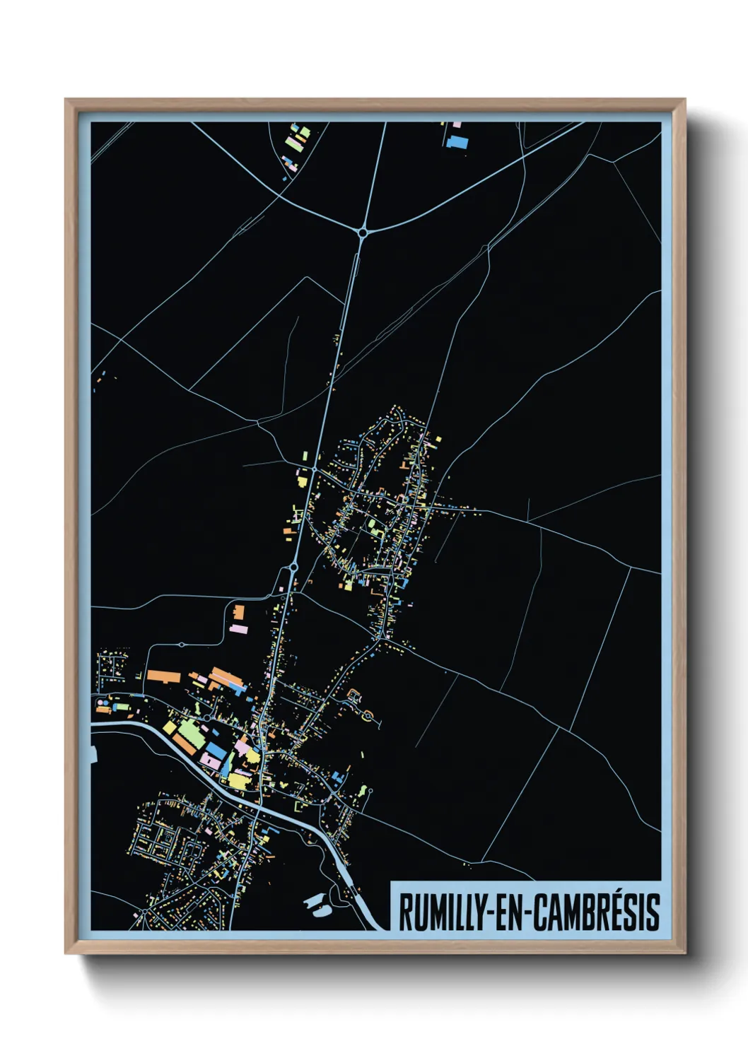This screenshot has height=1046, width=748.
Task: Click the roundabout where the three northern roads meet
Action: click(363, 231)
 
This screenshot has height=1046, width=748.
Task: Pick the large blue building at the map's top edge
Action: click(457, 142)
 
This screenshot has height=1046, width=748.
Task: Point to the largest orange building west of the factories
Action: click(163, 676)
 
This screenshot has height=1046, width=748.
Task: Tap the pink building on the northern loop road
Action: click(239, 628)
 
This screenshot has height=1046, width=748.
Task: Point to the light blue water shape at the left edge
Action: click(93, 753)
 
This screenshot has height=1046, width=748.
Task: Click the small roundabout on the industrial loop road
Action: click(182, 645)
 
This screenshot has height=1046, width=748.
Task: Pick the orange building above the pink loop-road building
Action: click(239, 611)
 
